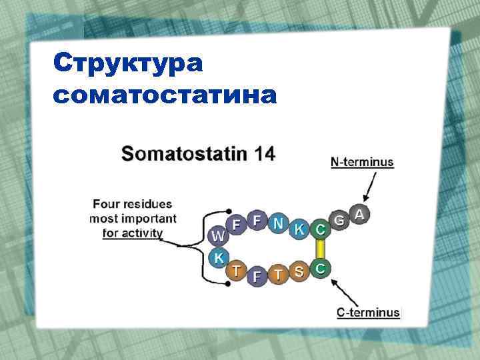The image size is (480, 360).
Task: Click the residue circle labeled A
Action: point(360,214)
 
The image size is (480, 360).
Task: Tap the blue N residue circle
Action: point(278,223)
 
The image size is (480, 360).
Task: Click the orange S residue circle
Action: point(300,271)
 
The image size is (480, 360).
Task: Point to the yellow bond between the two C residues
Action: point(321,249)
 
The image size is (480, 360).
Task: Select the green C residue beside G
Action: point(321,229)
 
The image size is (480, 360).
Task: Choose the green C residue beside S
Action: point(321,268)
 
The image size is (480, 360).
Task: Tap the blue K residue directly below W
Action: point(219,257)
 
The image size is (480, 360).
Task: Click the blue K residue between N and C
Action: point(299,229)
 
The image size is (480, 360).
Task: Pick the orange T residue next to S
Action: point(279,275)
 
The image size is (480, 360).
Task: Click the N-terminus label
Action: point(362,162)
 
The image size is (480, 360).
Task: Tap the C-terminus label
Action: point(368,312)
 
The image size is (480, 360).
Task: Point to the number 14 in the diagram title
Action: point(260,154)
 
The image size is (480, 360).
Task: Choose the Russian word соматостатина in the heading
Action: point(163,96)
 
